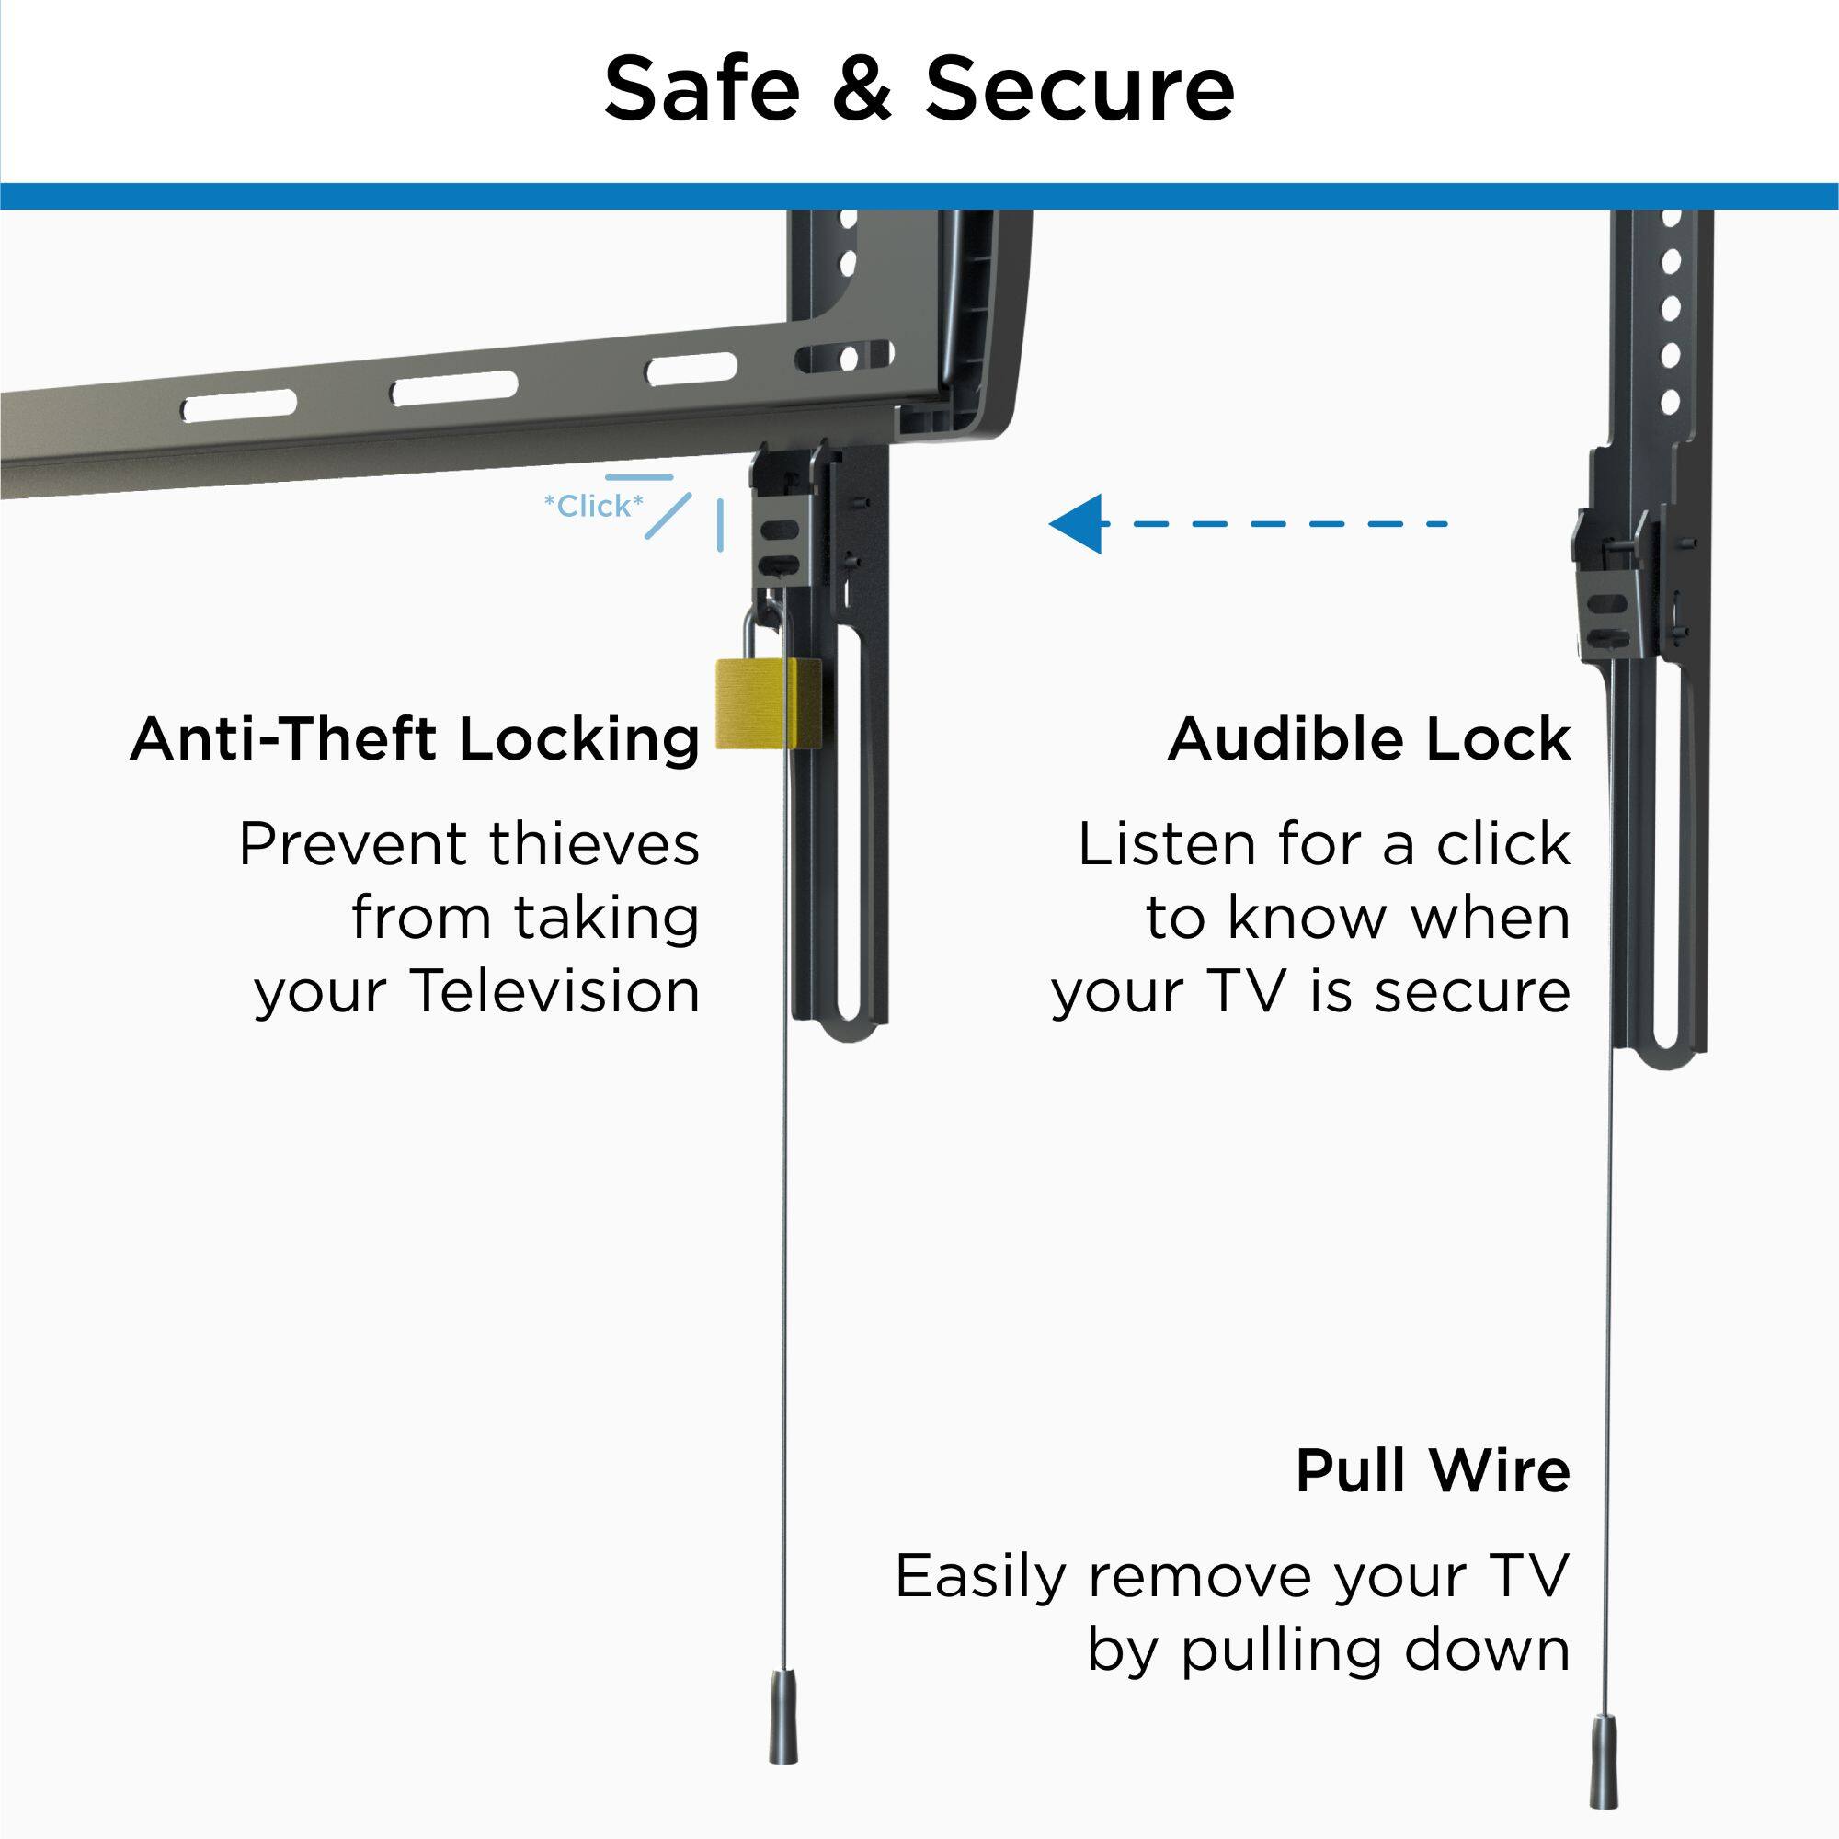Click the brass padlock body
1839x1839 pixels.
pos(767,703)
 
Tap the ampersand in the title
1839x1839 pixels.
pos(862,88)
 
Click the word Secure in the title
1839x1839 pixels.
pos(1079,88)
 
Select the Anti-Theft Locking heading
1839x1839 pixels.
pos(415,739)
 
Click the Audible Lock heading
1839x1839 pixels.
pos(1369,739)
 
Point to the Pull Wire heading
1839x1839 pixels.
pos(1433,1471)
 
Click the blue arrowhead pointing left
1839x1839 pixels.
pos(1077,523)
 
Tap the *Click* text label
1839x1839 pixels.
pos(593,507)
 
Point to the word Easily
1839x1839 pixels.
pos(981,1577)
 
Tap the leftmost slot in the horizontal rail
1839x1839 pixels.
pos(239,408)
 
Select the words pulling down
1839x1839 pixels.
pos(1376,1651)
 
